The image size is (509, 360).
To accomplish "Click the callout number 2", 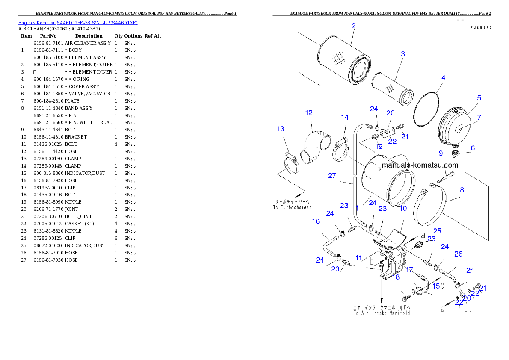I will [x=353, y=26].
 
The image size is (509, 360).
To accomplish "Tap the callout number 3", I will [x=403, y=54].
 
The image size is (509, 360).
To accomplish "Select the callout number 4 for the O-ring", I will [x=444, y=78].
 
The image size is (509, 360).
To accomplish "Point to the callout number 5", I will [x=479, y=98].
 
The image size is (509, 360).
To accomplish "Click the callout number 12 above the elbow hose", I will [x=309, y=113].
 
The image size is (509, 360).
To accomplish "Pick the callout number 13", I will [x=281, y=129].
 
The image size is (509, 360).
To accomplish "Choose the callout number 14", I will [x=345, y=117].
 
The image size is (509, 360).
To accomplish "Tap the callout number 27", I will [x=332, y=176].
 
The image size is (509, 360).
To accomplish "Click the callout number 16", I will [x=316, y=221].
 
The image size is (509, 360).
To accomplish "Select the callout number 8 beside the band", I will [x=462, y=190].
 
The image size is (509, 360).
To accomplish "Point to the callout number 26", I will [x=458, y=254].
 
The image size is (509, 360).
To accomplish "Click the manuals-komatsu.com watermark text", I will [x=420, y=165].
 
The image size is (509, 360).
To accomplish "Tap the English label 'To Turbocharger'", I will [x=292, y=207].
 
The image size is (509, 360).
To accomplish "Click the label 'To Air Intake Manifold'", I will [x=382, y=313].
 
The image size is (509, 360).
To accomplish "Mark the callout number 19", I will [x=379, y=147].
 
